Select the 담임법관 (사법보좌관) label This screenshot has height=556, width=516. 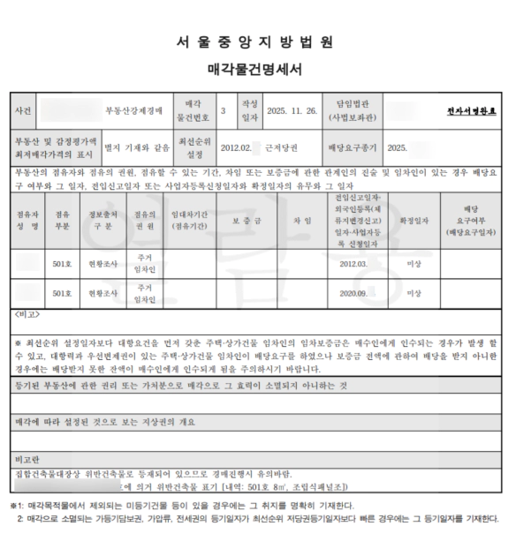point(353,111)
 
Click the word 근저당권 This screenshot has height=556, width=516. point(281,147)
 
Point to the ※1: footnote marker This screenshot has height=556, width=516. point(17,506)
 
